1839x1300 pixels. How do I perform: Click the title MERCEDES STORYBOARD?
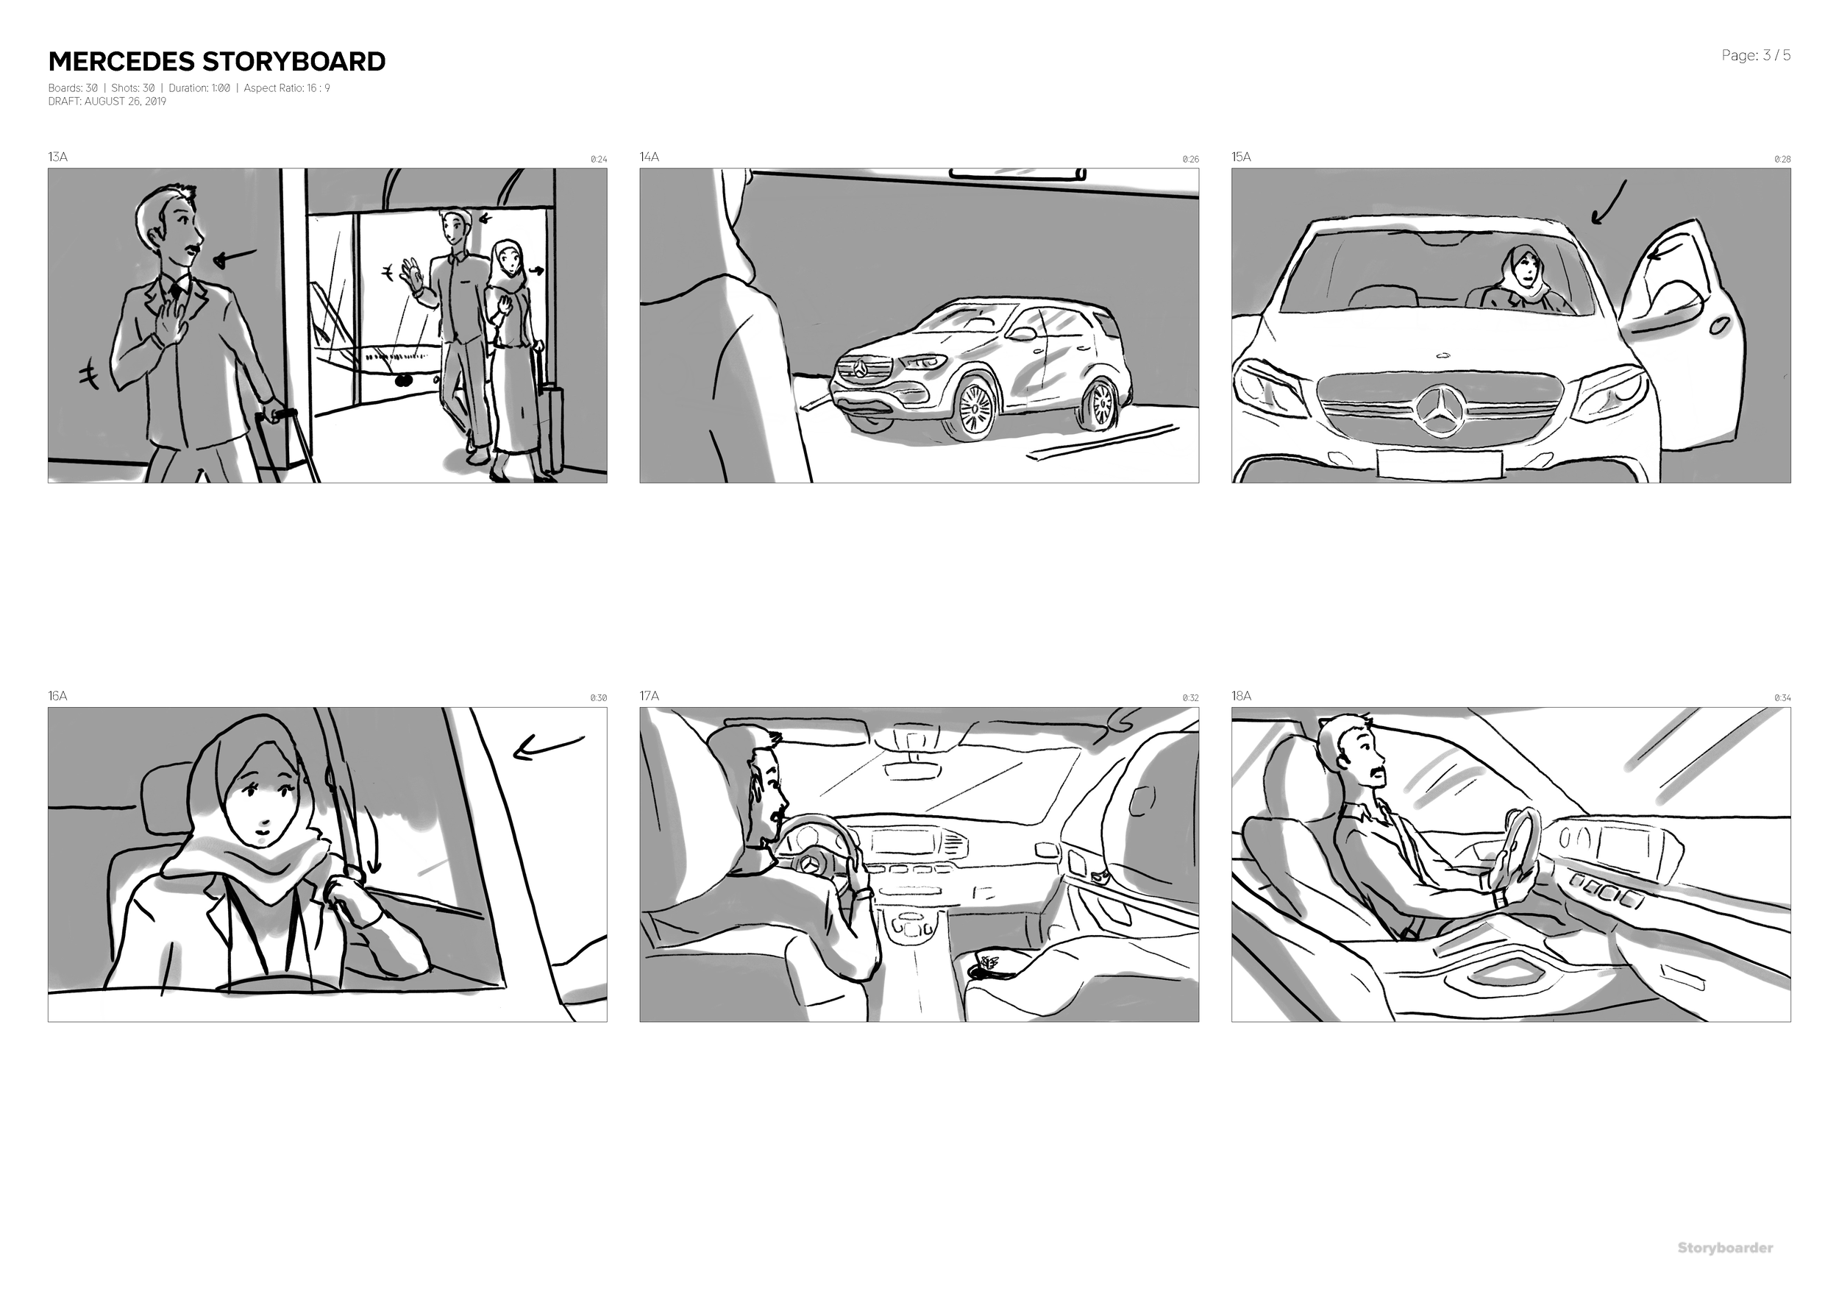click(216, 62)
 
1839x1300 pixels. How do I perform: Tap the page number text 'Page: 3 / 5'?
click(1756, 55)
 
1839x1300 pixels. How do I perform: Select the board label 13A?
click(57, 157)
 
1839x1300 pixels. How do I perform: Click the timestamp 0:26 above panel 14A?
click(1190, 160)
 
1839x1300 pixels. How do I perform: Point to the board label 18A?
click(1241, 696)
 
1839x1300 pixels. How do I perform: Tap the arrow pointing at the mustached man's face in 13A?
click(235, 257)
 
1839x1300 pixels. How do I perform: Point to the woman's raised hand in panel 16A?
click(349, 889)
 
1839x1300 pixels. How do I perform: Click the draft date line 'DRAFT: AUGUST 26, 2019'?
click(107, 102)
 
